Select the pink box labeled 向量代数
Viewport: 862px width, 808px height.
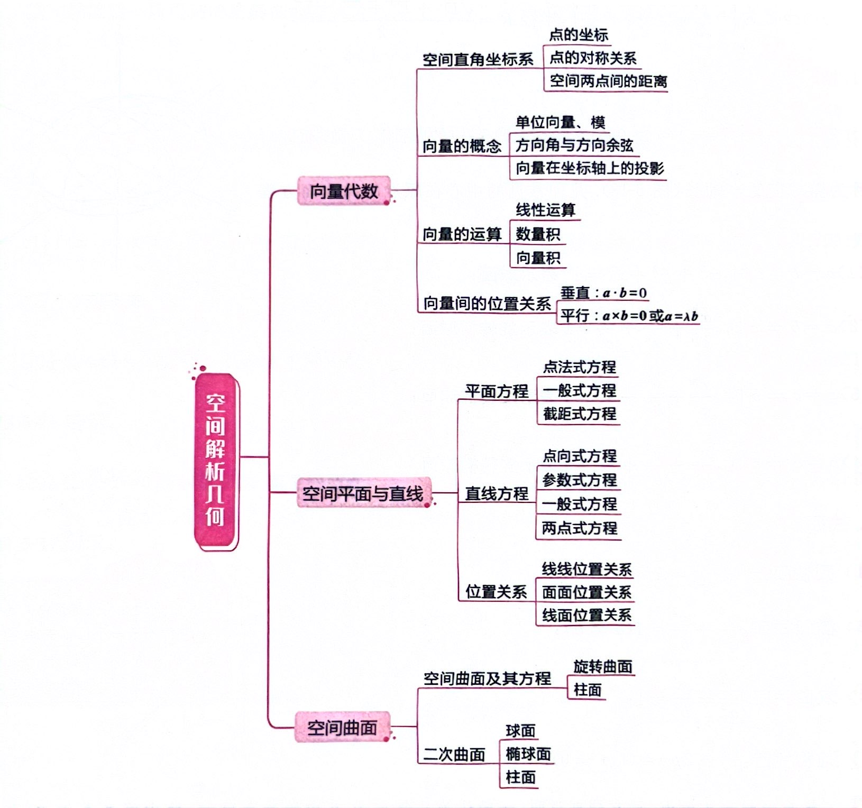[x=344, y=191]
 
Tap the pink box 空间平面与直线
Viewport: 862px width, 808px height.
[x=363, y=493]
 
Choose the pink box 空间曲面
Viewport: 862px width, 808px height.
[x=342, y=728]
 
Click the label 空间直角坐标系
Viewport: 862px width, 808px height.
[x=478, y=60]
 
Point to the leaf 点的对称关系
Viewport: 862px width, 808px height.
[x=592, y=58]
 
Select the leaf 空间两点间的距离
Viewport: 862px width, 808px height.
[x=608, y=81]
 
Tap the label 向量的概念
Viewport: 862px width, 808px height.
[x=462, y=146]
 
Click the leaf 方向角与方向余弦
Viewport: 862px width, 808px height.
[x=574, y=145]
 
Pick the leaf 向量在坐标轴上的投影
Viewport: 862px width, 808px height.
[x=589, y=168]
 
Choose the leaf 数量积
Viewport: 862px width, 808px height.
[x=538, y=234]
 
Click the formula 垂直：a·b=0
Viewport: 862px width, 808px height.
[x=603, y=293]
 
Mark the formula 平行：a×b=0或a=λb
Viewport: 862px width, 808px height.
[x=629, y=316]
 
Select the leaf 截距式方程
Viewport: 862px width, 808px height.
[x=579, y=414]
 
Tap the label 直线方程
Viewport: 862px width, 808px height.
[x=497, y=493]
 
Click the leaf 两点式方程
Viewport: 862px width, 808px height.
[x=579, y=528]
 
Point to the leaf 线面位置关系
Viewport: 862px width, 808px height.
[x=586, y=615]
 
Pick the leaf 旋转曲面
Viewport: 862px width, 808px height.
[x=603, y=666]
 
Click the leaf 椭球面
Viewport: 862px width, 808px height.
[x=528, y=754]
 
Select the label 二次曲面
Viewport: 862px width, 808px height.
[x=454, y=754]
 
